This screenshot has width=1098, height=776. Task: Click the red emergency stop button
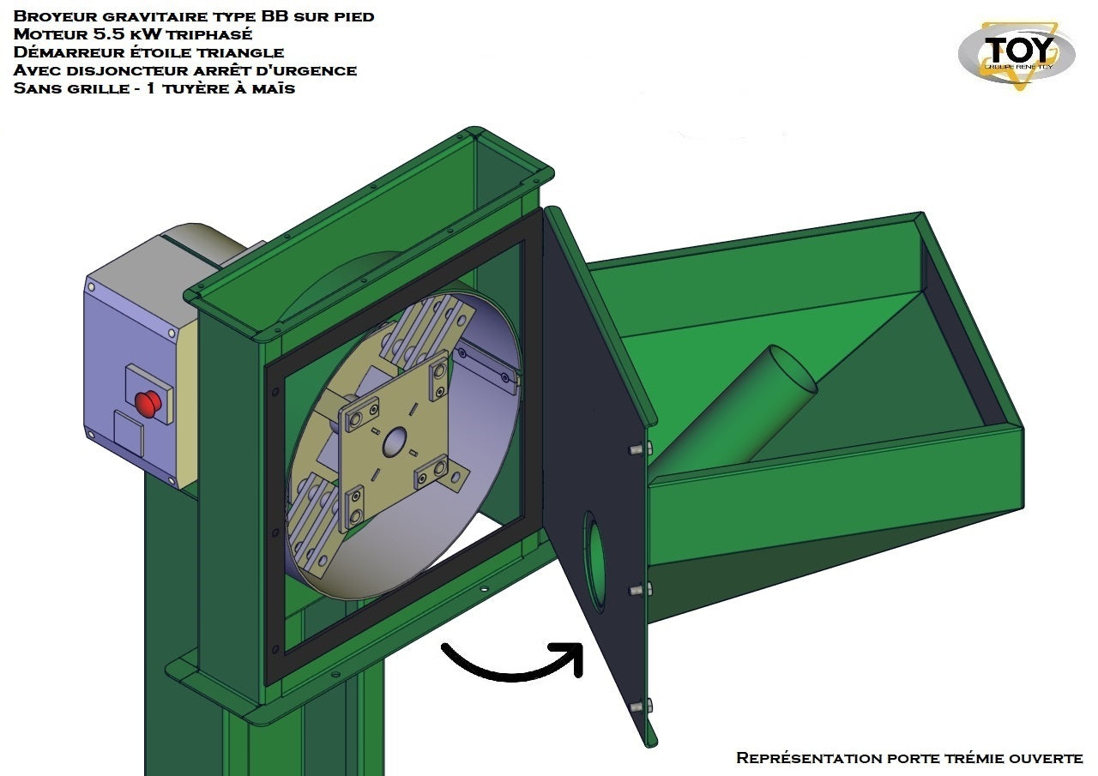(148, 404)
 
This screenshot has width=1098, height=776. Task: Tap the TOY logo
(1017, 55)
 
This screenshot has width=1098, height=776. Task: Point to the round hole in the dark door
(594, 562)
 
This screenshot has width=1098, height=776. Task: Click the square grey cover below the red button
(129, 434)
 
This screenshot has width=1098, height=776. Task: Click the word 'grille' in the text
(98, 88)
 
